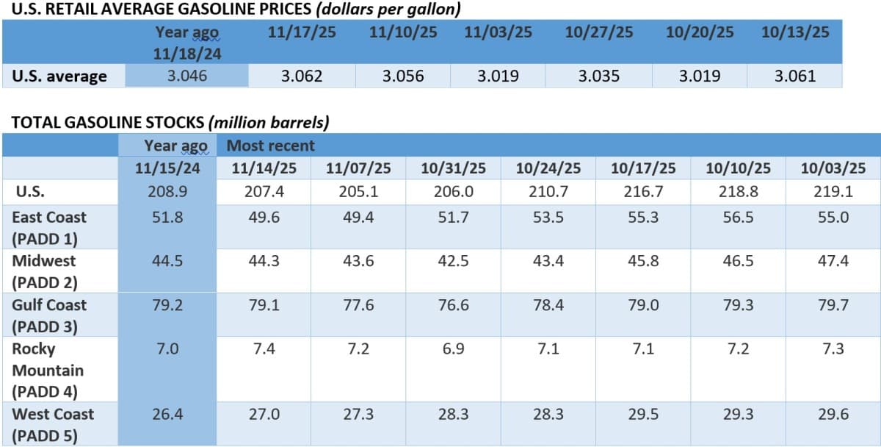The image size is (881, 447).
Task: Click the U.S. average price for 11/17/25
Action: [301, 76]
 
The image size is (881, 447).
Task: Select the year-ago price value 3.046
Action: [186, 76]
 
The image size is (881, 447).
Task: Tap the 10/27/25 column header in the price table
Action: [598, 32]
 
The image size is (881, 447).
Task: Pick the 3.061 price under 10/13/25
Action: [794, 76]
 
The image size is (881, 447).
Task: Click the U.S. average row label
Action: [59, 76]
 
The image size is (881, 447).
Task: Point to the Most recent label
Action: [270, 146]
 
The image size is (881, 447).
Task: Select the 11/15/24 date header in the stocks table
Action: [167, 168]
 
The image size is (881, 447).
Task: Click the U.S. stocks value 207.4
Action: [264, 192]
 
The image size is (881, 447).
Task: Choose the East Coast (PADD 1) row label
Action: [49, 228]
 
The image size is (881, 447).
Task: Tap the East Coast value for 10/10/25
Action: [738, 218]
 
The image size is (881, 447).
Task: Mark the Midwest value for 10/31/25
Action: [453, 261]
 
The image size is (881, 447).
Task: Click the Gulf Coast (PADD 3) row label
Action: [49, 315]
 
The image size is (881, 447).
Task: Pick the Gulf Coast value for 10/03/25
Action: [833, 304]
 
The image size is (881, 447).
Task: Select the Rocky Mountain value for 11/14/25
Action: [264, 348]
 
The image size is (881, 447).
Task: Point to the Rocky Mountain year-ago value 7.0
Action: [167, 348]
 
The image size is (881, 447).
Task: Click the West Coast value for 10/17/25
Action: [643, 414]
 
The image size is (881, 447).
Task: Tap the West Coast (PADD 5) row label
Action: [53, 424]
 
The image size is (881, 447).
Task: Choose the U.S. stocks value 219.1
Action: [833, 192]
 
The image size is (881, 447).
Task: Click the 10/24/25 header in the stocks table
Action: [548, 168]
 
